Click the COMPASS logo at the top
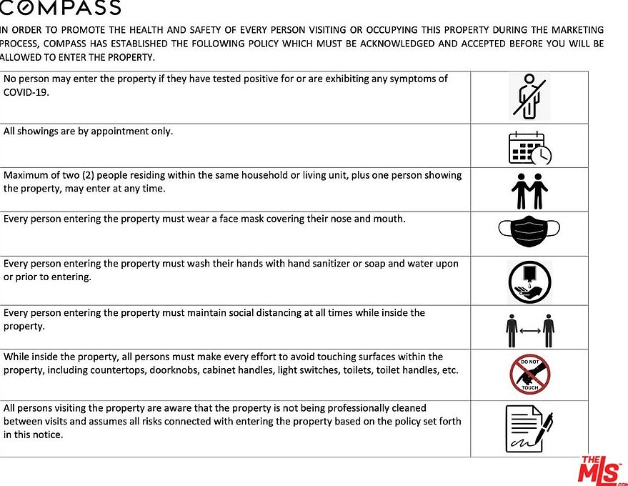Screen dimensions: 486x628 click(x=60, y=9)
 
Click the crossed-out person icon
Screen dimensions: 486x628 click(x=529, y=96)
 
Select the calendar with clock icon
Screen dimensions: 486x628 click(x=529, y=148)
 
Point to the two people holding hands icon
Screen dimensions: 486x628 click(x=529, y=190)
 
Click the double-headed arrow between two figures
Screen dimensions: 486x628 click(x=529, y=331)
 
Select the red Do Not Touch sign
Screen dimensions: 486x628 click(x=529, y=375)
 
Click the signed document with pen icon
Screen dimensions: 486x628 click(x=529, y=428)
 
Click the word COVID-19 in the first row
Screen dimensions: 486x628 click(x=26, y=92)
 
